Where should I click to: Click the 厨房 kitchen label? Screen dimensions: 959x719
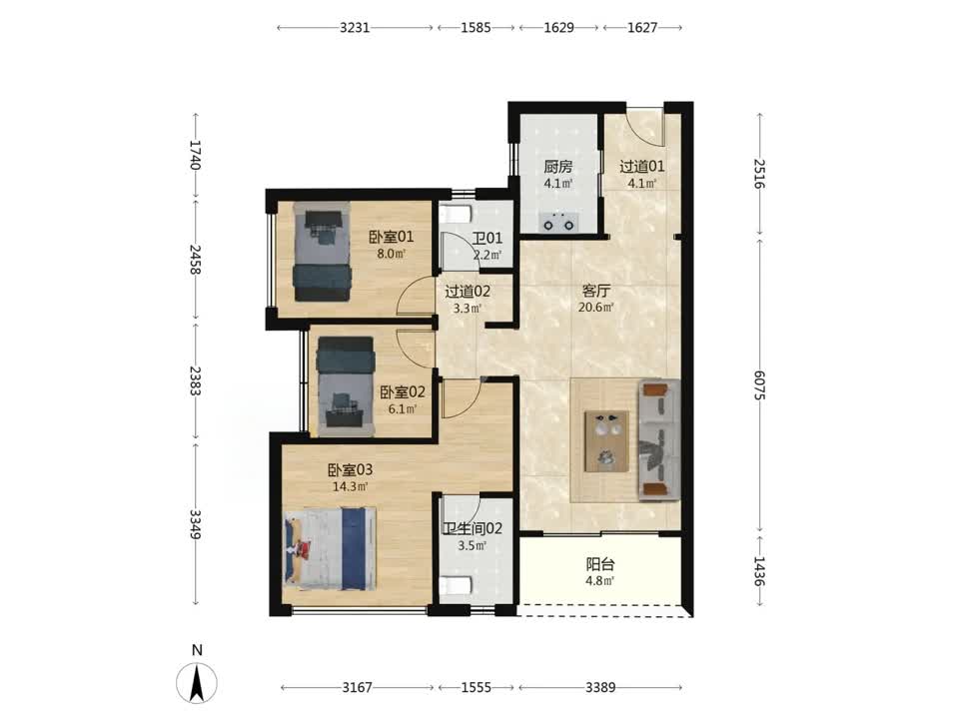coord(557,167)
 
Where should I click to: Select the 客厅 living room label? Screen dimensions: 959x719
coord(595,291)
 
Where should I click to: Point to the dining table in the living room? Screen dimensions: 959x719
coord(606,440)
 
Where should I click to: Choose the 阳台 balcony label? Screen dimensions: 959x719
coord(600,564)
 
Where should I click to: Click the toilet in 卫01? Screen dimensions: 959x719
coord(456,214)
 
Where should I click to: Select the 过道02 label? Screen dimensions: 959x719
coord(468,292)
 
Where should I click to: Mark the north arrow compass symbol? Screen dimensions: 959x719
coord(197,682)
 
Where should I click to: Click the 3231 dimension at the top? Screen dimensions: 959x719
coord(355,28)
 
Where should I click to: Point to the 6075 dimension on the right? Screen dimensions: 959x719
coord(759,385)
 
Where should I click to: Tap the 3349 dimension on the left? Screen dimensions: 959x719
coord(195,524)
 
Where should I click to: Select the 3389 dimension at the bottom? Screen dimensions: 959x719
coord(600,688)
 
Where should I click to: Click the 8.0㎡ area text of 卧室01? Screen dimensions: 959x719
coord(392,253)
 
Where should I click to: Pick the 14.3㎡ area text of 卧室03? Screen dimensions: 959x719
coord(351,486)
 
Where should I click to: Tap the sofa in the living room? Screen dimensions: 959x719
coord(659,440)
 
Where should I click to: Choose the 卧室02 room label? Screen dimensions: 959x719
coord(403,391)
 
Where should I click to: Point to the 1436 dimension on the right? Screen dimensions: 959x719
coord(759,571)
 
